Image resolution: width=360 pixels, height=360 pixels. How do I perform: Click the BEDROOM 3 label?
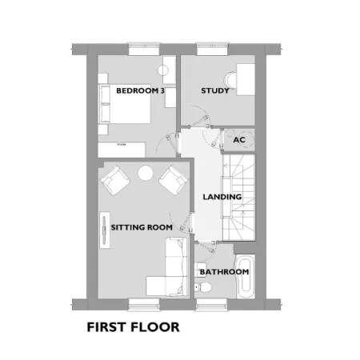coord(140,90)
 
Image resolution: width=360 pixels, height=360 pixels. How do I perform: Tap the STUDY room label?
coord(215,90)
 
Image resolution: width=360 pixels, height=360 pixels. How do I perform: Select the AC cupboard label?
coord(239,140)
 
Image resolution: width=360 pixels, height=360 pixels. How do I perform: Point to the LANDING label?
coord(222,197)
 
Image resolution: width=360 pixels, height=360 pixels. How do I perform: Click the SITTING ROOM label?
coord(142,227)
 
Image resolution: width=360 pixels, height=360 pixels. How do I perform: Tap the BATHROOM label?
coord(224,272)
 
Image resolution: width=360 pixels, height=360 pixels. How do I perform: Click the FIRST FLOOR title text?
coord(133,327)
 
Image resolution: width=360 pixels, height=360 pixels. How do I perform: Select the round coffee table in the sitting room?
coord(146,173)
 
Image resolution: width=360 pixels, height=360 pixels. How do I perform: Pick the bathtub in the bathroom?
coord(246,276)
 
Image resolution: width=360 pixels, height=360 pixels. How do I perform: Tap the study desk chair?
coord(231,79)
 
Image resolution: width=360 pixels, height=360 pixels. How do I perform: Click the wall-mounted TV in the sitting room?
coord(105,230)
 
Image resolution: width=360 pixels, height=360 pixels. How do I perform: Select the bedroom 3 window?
coord(144,49)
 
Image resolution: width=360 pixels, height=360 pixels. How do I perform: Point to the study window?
coord(213,49)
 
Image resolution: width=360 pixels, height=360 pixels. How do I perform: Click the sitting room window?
coord(144,305)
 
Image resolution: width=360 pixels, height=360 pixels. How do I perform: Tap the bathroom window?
coord(212,305)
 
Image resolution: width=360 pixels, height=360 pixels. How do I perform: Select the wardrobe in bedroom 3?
coord(122,150)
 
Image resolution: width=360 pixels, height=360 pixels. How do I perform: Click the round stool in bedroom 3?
coord(163,70)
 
